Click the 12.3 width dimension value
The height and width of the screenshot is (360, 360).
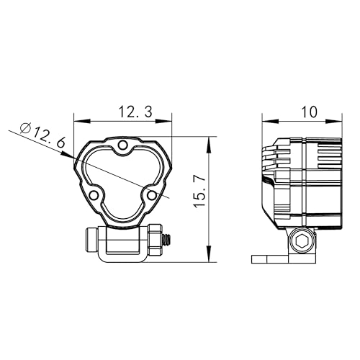click(x=135, y=112)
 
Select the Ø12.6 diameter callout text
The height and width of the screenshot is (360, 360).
click(x=42, y=135)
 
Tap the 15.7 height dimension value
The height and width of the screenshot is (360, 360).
click(x=199, y=192)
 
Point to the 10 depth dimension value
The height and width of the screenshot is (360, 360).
click(x=309, y=112)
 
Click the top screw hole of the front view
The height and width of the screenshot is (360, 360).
click(x=123, y=145)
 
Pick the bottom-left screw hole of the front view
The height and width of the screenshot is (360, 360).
click(x=94, y=195)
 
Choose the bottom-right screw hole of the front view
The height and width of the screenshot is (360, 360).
click(x=151, y=195)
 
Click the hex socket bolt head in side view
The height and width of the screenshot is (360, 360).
click(x=302, y=241)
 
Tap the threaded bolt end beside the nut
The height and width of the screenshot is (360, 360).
click(x=167, y=240)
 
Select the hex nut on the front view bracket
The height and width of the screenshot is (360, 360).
click(x=156, y=240)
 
